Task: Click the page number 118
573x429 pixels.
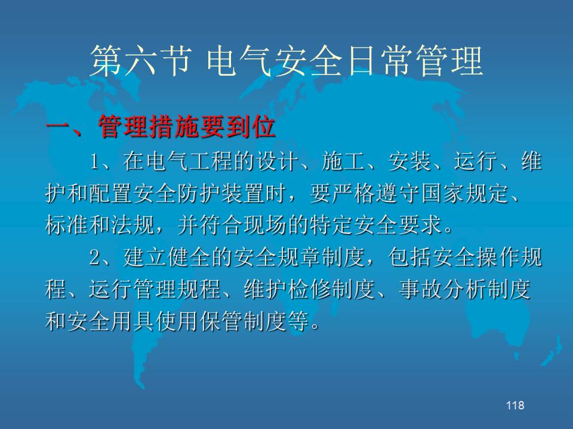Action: pos(515,405)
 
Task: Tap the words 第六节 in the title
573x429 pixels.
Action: pos(141,61)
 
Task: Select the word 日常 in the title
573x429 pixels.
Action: pos(381,61)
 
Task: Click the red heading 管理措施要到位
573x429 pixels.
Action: pos(187,127)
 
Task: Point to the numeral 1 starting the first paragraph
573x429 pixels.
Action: pos(95,161)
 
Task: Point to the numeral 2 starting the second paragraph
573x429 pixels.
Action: pos(95,257)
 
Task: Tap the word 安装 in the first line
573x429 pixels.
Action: pos(409,161)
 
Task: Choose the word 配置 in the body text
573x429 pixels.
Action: pos(111,193)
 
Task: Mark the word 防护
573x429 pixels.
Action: pos(199,193)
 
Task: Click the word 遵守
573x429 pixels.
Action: pos(398,193)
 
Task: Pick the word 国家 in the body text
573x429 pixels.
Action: pos(442,193)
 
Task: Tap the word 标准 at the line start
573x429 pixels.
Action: pos(66,225)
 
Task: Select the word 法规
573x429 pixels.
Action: pos(133,225)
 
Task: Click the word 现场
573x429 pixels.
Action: pos(265,225)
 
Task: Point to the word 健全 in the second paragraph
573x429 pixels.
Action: pos(189,257)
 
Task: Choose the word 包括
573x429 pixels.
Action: pos(409,257)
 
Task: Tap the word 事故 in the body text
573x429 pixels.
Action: pos(420,290)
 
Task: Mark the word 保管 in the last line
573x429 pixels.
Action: pos(221,321)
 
